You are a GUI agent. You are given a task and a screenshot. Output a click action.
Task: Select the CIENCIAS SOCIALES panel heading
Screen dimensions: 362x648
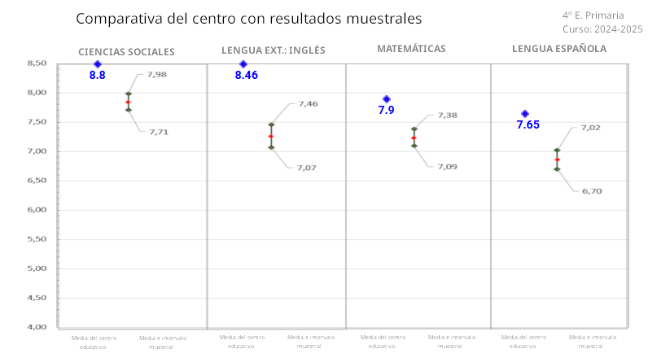point(126,52)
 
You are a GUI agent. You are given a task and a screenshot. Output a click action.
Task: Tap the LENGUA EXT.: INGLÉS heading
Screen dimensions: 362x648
point(273,50)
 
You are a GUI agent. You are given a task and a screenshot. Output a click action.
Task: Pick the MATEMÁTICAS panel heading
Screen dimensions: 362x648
point(411,49)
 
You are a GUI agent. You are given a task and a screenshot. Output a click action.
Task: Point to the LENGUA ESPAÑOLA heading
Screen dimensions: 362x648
point(559,49)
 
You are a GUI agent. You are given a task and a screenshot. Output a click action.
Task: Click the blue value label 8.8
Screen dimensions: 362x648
point(97,76)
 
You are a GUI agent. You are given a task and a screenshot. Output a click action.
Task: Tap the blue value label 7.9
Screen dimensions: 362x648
point(386,110)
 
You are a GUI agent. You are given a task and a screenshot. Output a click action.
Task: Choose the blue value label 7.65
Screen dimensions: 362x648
point(528,125)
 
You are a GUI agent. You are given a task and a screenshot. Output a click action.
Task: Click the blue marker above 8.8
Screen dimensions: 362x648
point(97,63)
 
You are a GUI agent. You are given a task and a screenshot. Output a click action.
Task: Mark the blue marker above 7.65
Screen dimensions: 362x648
point(525,114)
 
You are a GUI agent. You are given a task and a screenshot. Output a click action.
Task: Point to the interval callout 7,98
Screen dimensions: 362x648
point(156,75)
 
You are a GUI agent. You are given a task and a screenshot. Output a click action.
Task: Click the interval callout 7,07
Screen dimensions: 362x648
point(306,168)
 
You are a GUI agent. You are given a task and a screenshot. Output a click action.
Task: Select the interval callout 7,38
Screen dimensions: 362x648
point(447,116)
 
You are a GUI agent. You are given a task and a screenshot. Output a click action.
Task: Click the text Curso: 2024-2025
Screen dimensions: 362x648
point(602,29)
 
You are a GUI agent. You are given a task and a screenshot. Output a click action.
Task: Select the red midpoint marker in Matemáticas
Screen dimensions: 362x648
point(414,138)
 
